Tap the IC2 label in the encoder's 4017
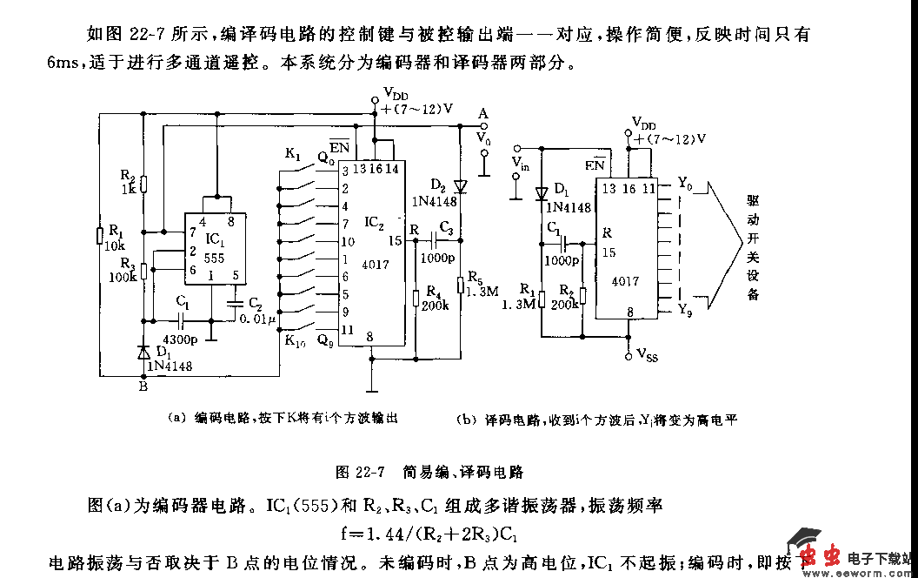[x=375, y=223]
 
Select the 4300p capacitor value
[x=178, y=339]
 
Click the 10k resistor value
[x=113, y=246]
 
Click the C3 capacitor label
[x=447, y=227]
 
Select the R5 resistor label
[x=476, y=277]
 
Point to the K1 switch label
[x=292, y=155]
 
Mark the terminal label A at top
[x=483, y=113]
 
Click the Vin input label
[x=520, y=163]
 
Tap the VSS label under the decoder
[x=647, y=354]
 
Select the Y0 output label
[x=687, y=184]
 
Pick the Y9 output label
[x=687, y=309]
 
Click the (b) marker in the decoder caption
[x=465, y=420]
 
